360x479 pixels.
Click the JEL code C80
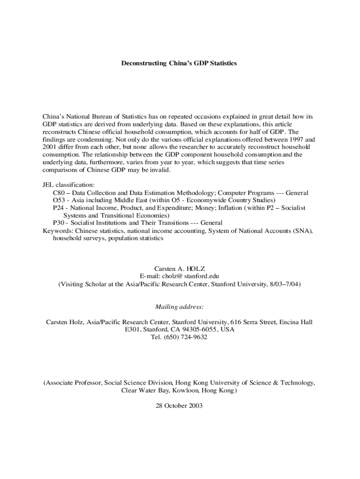(58, 193)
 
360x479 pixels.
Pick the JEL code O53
(58, 200)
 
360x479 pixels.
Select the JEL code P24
(58, 208)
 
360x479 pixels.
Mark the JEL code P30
(58, 223)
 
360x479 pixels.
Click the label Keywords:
(58, 231)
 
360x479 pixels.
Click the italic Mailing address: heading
(180, 307)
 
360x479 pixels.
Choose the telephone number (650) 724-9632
(187, 337)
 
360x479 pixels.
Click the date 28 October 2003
(180, 406)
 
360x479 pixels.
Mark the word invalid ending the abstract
(160, 170)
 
